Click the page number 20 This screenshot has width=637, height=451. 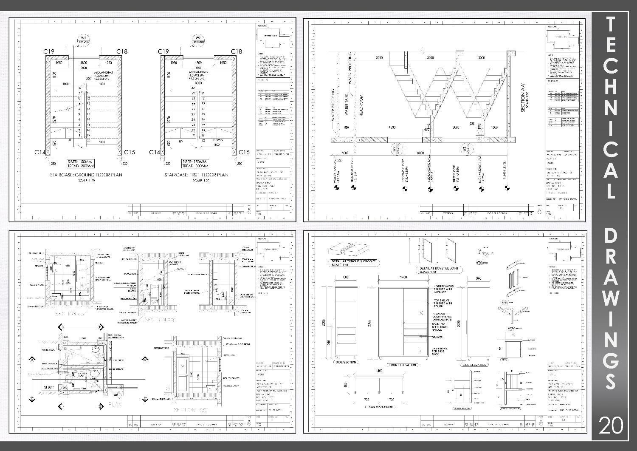click(611, 425)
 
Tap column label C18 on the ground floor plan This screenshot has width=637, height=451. click(122, 51)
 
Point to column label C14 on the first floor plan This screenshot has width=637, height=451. click(155, 152)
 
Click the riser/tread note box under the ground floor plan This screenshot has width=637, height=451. click(81, 163)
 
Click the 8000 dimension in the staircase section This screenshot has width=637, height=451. click(420, 153)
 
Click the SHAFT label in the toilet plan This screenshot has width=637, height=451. click(48, 387)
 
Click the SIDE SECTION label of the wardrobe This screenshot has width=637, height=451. click(346, 362)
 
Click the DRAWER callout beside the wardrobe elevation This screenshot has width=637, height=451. click(437, 337)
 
